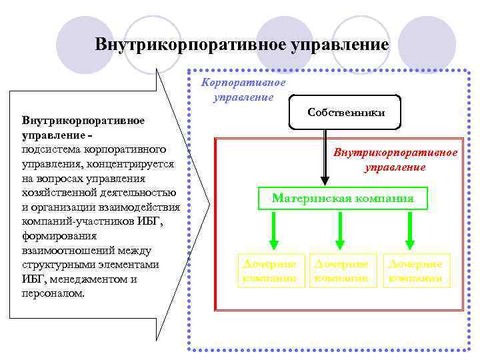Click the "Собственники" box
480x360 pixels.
[x=346, y=112]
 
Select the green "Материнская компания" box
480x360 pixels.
[x=343, y=199]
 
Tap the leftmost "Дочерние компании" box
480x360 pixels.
[x=269, y=271]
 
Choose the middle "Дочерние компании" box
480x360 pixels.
[x=341, y=271]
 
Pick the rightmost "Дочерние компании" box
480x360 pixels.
[x=416, y=271]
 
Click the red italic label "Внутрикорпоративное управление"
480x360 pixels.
[x=395, y=160]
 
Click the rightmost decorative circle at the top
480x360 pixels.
[x=429, y=41]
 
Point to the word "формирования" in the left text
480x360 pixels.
[x=59, y=235]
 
